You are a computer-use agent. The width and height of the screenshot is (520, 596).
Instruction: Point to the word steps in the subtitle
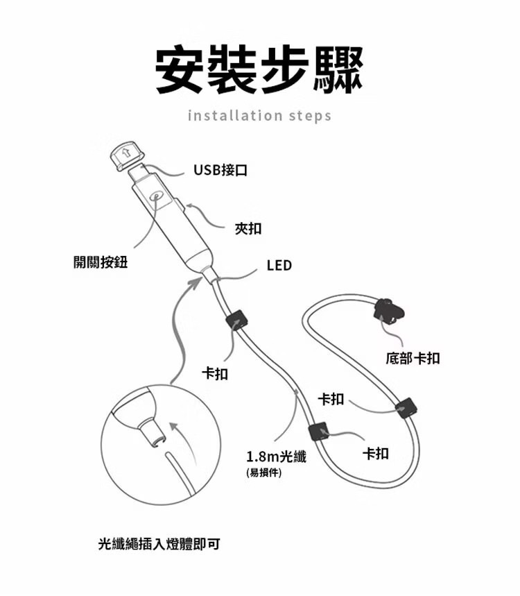tap(309, 115)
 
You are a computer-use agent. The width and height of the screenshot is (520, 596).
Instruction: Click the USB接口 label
tap(220, 170)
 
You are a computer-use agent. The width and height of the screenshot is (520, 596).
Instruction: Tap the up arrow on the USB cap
tap(125, 153)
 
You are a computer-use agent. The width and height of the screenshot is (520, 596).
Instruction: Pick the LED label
tap(279, 266)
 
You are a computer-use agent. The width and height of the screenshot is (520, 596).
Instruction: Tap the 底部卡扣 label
tap(413, 359)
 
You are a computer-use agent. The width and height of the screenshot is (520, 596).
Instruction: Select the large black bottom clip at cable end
tap(387, 309)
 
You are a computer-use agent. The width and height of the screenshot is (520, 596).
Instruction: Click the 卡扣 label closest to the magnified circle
tap(215, 374)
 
